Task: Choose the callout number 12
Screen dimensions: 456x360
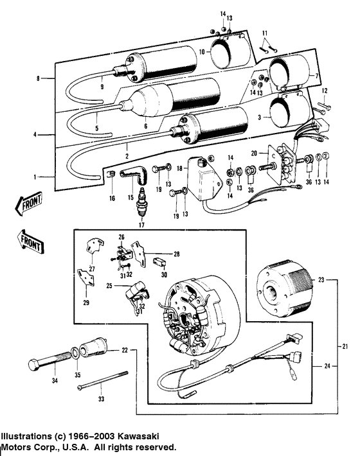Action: (x=325, y=90)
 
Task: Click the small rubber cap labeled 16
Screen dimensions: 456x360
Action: (x=112, y=175)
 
